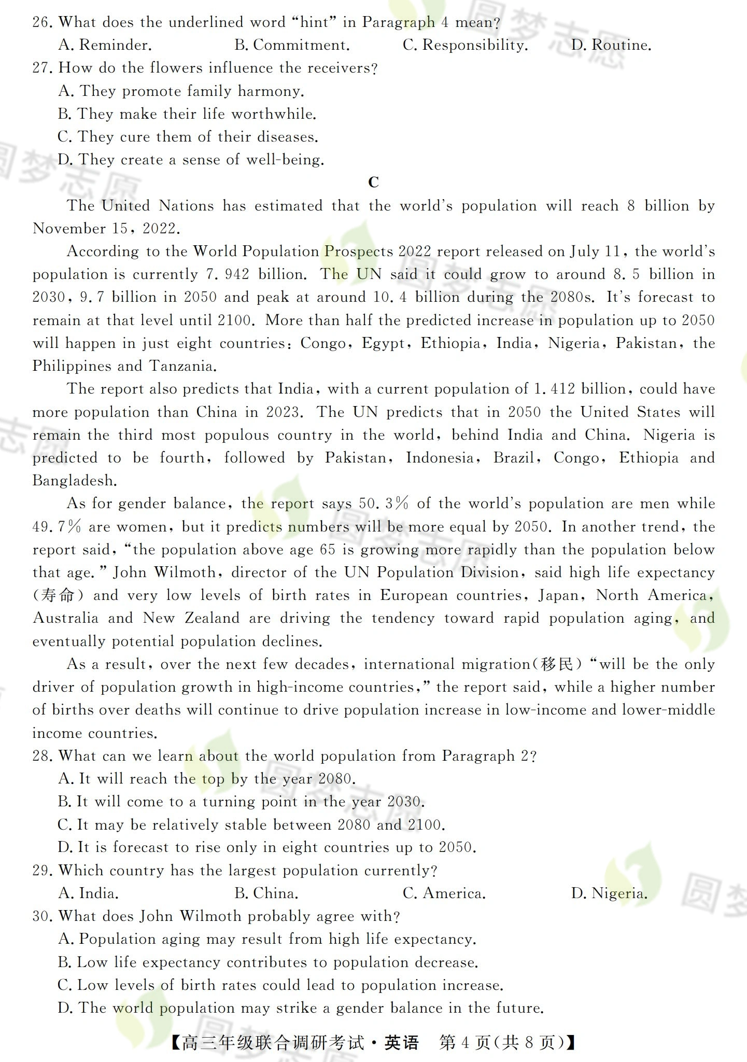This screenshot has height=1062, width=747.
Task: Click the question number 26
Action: coord(42,23)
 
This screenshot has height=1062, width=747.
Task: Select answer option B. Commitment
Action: coord(292,46)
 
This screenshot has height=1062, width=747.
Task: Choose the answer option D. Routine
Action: coord(611,46)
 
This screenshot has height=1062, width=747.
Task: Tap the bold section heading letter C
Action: coord(373,183)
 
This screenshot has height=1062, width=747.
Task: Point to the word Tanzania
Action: coord(182,366)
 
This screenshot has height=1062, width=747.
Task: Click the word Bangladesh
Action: coord(75,481)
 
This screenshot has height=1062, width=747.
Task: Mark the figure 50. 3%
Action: coord(383,504)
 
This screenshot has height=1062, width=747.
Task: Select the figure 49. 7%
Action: coord(57,527)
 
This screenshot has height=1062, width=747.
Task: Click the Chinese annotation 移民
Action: coord(557,664)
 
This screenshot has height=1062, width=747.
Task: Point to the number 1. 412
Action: coord(553,389)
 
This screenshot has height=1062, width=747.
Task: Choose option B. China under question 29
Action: coord(266,893)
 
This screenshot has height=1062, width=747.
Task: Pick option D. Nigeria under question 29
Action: coord(610,893)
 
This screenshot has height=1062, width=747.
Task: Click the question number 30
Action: coord(42,916)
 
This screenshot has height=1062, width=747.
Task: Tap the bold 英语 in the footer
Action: coord(401,1042)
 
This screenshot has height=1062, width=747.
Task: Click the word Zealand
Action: coord(212,618)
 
